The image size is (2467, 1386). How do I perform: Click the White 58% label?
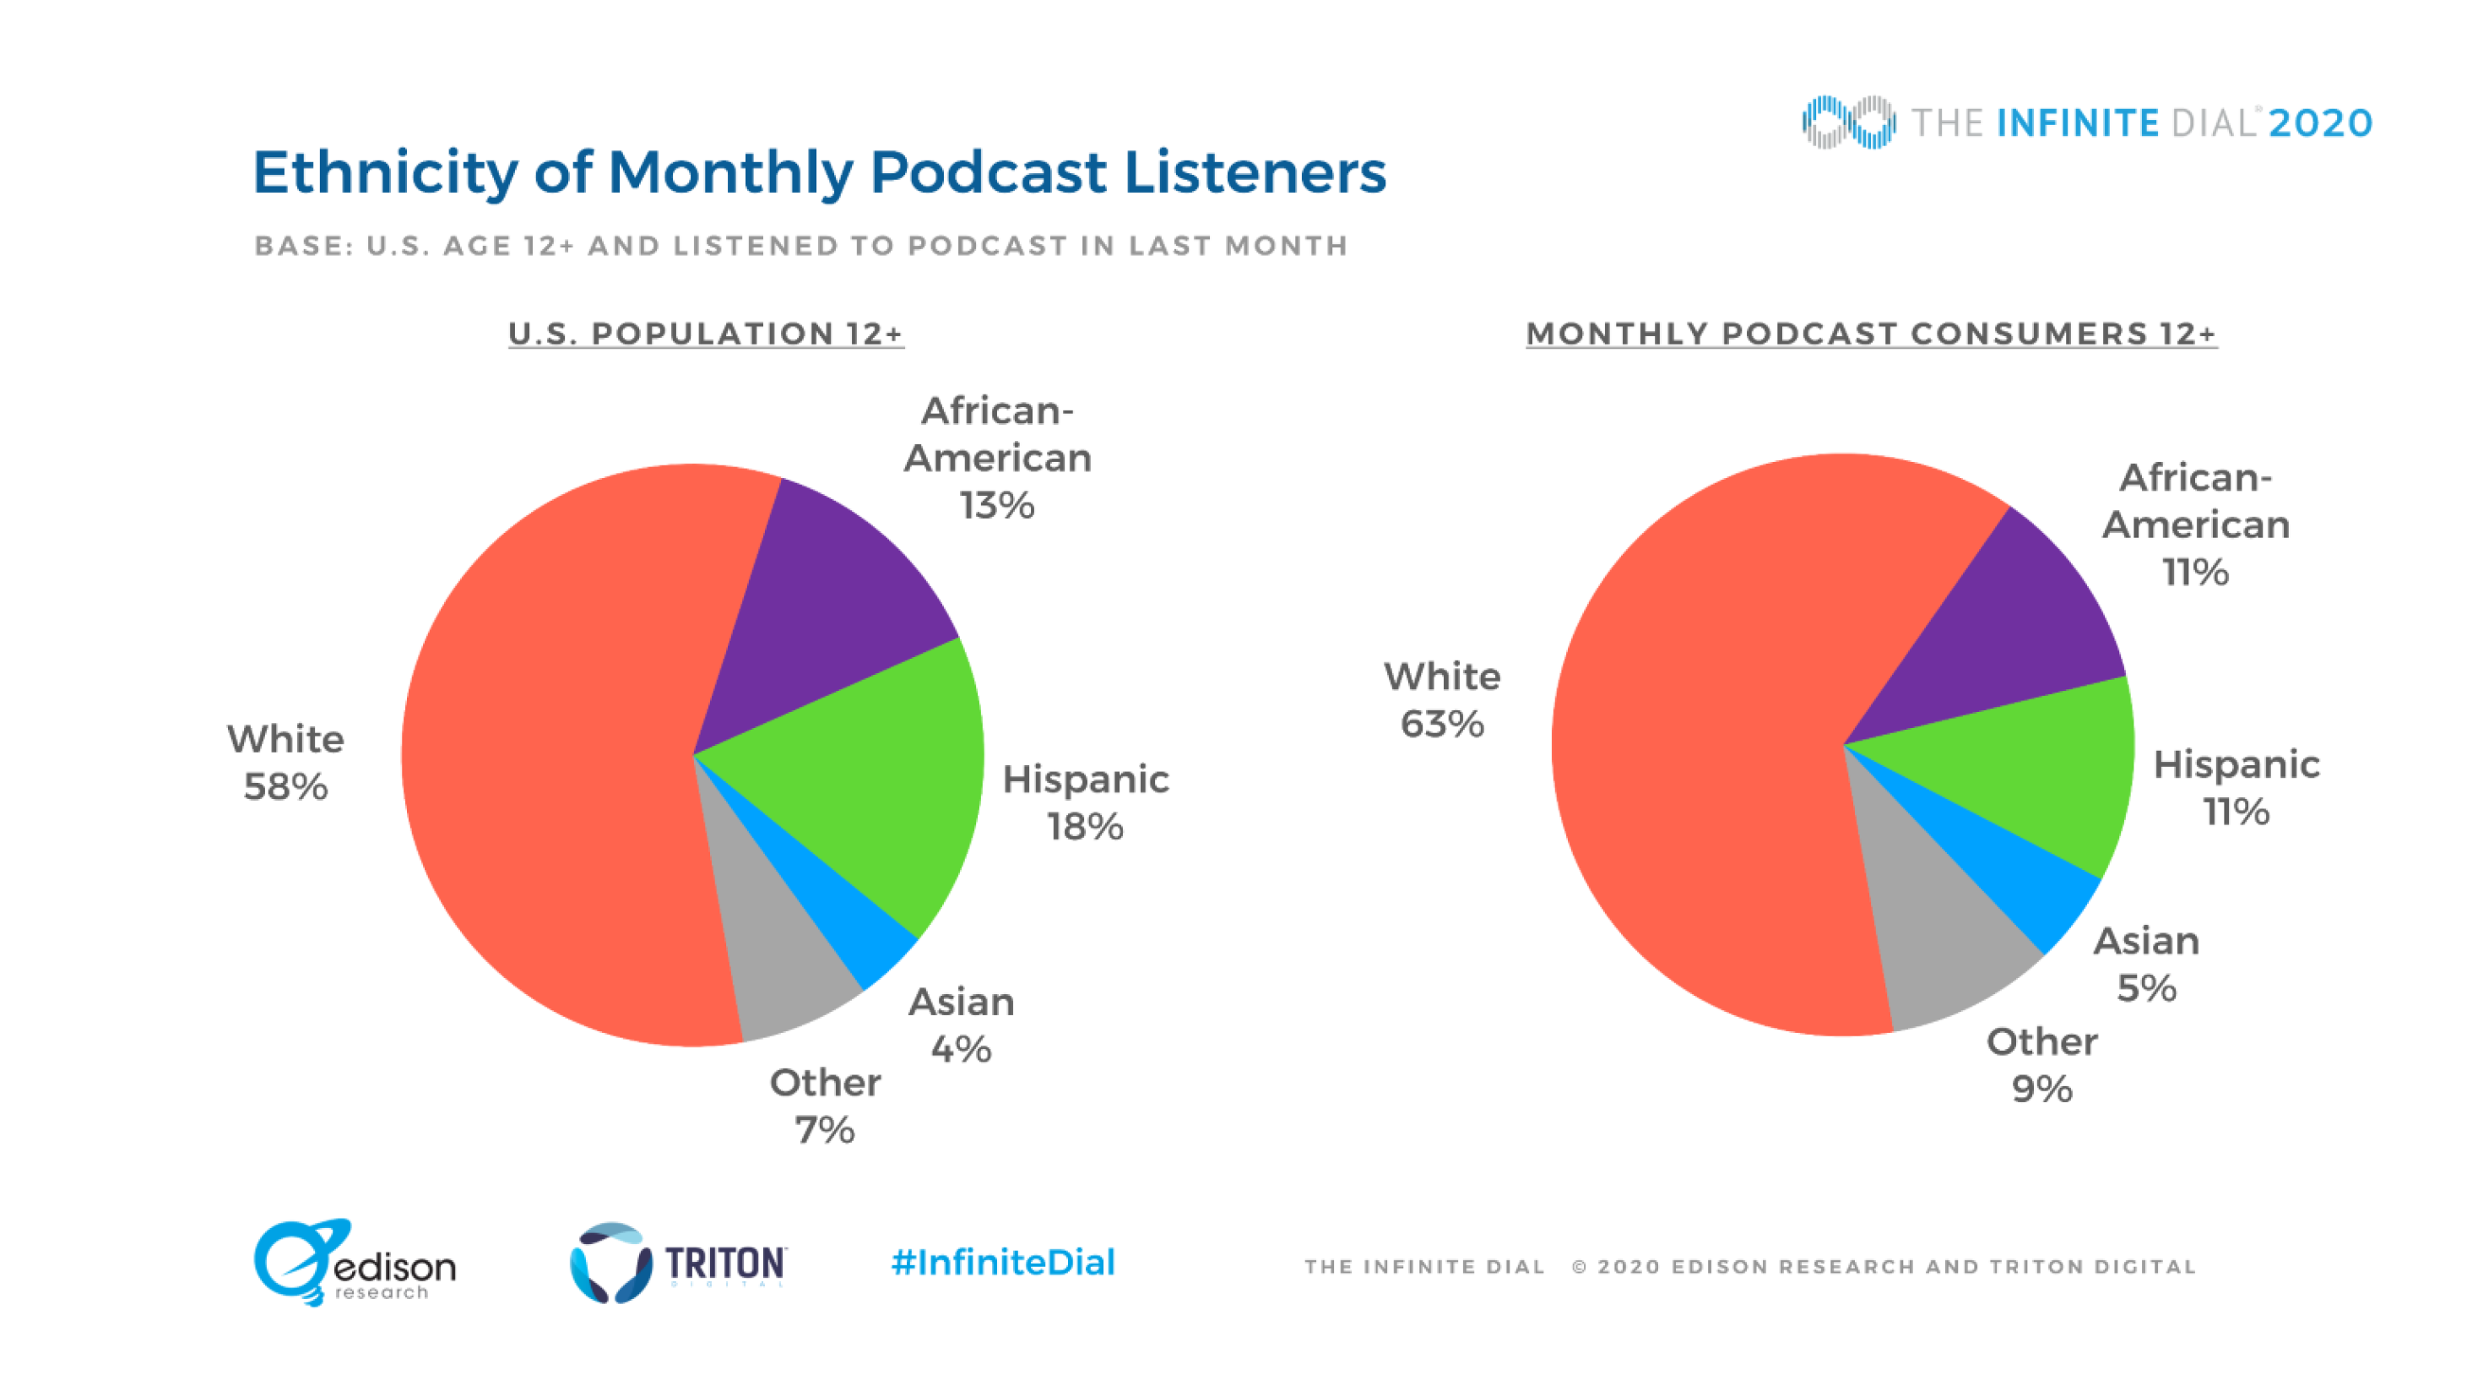(285, 763)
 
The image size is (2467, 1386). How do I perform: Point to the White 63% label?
(1441, 700)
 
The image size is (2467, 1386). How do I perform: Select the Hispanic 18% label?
(1085, 802)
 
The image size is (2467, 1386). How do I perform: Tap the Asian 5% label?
(2146, 965)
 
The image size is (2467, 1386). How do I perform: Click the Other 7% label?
(825, 1106)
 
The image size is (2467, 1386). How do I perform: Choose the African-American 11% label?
(2195, 525)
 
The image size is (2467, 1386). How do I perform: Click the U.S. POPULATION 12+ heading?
(706, 334)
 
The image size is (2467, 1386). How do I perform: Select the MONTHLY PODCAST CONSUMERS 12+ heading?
(1870, 334)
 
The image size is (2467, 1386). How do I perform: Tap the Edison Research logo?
(355, 1263)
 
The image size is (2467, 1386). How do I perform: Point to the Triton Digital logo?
(678, 1263)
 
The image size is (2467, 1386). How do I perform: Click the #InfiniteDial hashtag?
(1003, 1263)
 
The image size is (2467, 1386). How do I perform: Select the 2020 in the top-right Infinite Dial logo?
(2319, 123)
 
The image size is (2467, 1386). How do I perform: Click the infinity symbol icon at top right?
(1847, 122)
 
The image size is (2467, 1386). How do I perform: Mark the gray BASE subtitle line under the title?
(800, 246)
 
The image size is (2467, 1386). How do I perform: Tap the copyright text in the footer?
(1883, 1266)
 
